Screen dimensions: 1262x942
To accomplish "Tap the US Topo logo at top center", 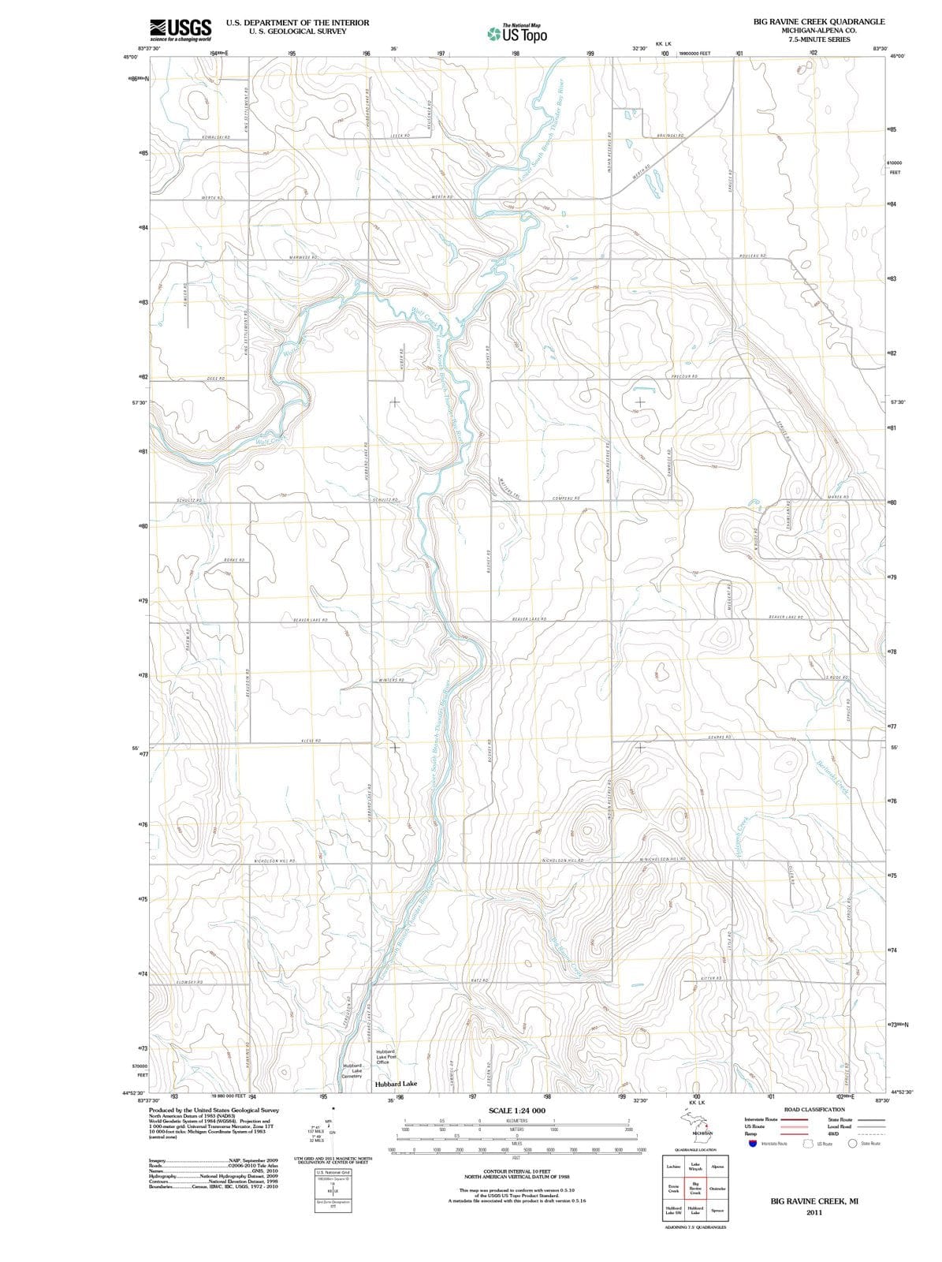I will click(517, 33).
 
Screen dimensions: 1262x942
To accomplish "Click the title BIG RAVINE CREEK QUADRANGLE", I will click(819, 21).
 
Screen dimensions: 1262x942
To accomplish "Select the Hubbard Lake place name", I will click(397, 1084).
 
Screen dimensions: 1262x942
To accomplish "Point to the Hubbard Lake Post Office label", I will click(385, 1057).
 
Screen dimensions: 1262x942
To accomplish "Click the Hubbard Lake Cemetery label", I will click(352, 1070).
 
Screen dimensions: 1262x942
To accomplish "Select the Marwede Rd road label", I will click(303, 258).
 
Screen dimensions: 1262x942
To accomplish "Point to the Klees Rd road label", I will click(311, 741).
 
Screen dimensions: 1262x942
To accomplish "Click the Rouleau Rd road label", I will click(753, 256).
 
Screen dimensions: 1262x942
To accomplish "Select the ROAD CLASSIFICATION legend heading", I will click(814, 1109).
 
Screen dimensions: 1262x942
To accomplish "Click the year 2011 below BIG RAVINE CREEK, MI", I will click(814, 1212).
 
